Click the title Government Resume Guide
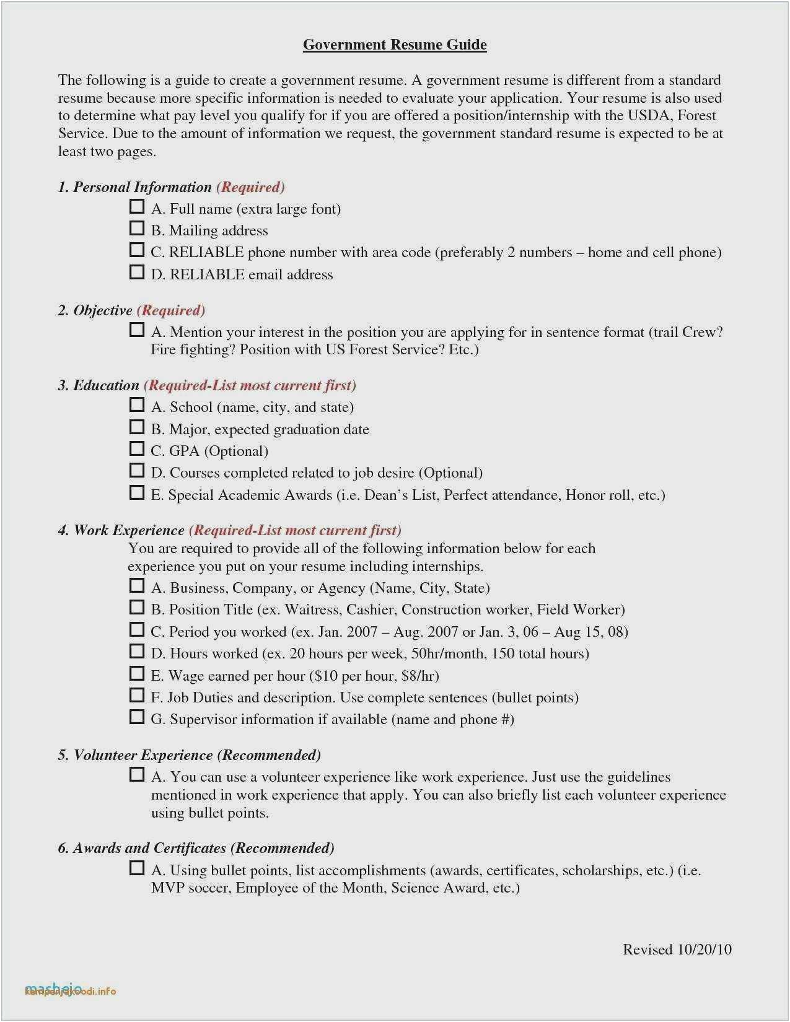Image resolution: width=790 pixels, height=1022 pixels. (x=395, y=45)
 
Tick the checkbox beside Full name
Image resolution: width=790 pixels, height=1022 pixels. (x=137, y=207)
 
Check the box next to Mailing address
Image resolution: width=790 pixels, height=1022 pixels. (x=137, y=229)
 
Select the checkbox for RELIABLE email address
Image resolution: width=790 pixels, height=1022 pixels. (x=137, y=273)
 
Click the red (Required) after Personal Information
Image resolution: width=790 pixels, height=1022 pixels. (x=250, y=187)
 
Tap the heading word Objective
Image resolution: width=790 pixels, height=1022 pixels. (x=103, y=310)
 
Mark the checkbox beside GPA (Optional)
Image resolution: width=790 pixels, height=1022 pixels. (x=137, y=449)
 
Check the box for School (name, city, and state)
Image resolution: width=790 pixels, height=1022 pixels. (x=137, y=405)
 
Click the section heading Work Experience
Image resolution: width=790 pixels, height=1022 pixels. (x=129, y=530)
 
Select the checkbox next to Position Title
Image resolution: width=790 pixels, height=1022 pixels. (x=137, y=608)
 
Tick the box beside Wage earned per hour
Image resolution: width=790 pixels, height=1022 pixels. (x=137, y=674)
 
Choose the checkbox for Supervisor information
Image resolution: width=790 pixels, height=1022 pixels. (x=137, y=717)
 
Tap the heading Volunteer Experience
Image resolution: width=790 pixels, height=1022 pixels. (x=143, y=755)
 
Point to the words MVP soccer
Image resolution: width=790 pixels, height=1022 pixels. (x=190, y=888)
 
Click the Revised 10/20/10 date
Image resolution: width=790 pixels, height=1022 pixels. (x=677, y=950)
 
